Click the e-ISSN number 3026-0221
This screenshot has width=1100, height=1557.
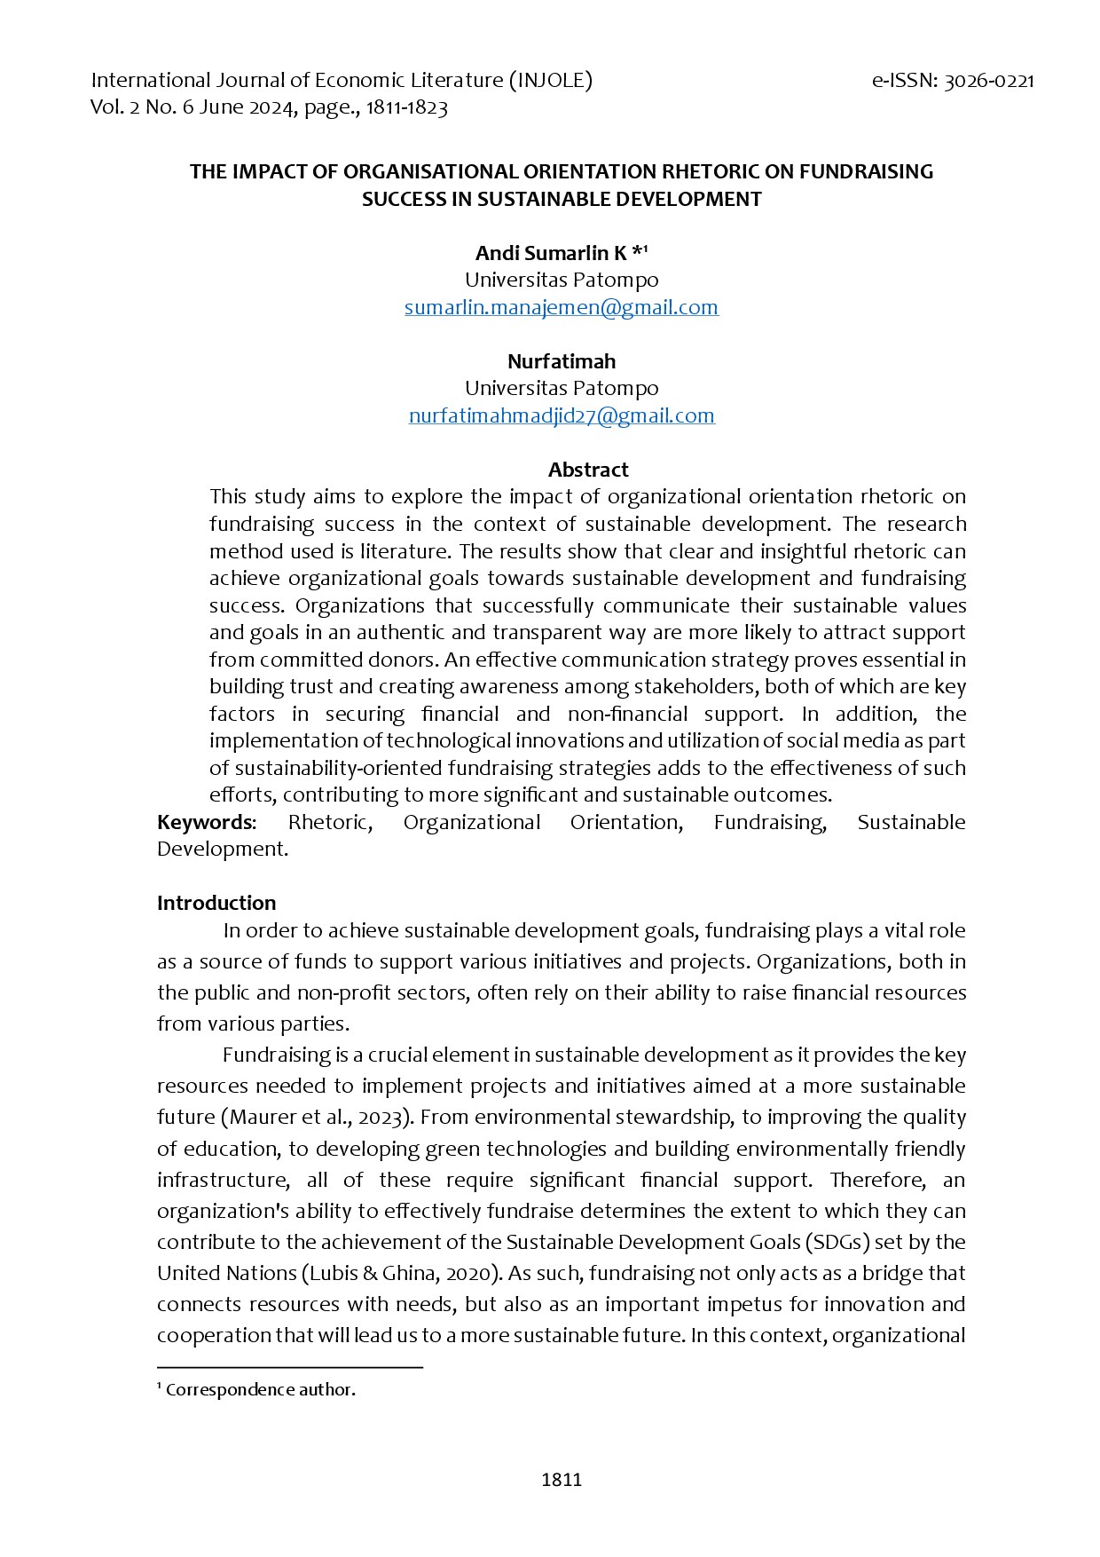pos(989,81)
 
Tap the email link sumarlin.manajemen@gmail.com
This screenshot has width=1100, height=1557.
pos(561,307)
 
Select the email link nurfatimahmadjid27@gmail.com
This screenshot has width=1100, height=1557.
pos(561,415)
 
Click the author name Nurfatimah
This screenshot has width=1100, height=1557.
pos(561,361)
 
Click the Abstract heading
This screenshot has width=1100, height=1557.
pos(587,470)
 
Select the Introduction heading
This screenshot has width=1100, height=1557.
pos(216,903)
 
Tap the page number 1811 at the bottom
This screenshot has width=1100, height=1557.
pos(561,1480)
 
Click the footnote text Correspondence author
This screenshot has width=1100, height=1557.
pos(260,1390)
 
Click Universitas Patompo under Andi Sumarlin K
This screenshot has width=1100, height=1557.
pos(561,281)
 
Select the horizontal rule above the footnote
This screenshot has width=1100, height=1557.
pos(289,1368)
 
